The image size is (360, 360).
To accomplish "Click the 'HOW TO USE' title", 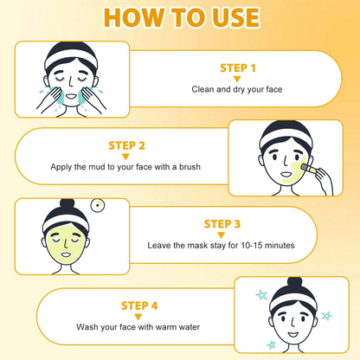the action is [182, 18].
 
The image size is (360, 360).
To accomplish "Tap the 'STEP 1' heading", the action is [238, 68].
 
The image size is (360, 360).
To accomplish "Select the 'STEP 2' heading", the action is [126, 145].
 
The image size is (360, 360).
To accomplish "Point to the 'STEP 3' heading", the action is [222, 224].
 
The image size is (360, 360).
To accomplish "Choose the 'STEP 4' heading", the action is [139, 305].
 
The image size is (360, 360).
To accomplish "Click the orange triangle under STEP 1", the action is [237, 79].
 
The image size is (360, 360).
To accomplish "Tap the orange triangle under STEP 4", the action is [138, 317].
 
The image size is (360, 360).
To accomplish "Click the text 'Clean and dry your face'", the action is [237, 89].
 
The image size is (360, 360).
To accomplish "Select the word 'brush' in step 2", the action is [190, 167].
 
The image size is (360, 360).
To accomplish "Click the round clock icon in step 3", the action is [98, 205].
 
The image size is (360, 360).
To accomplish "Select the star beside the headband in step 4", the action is [262, 295].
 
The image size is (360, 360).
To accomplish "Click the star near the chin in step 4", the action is [271, 344].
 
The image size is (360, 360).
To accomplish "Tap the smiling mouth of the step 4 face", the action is [292, 335].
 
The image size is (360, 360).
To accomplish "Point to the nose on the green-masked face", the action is [67, 244].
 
